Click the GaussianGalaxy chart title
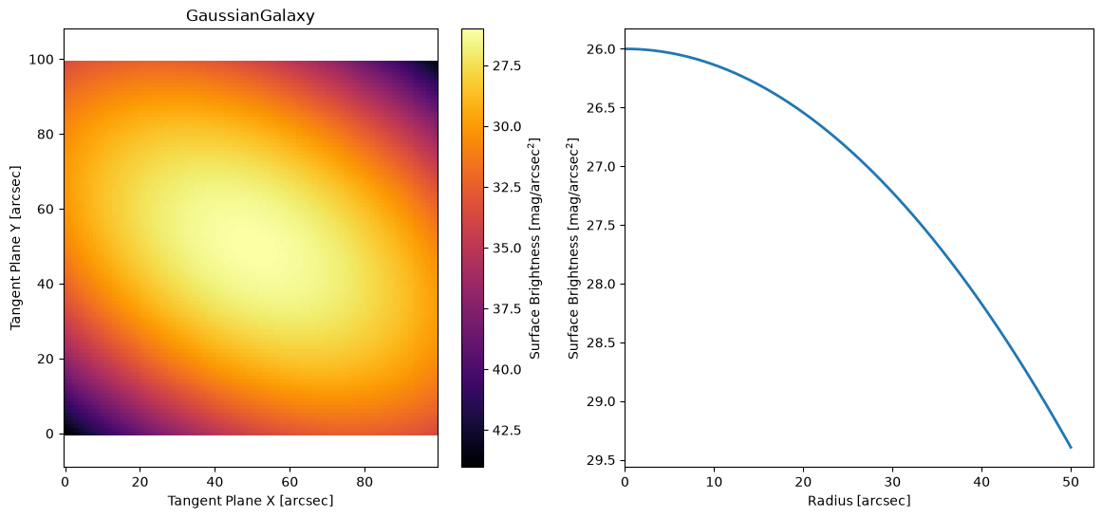pyautogui.click(x=251, y=16)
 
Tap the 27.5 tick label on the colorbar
pyautogui.click(x=507, y=66)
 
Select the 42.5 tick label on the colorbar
pyautogui.click(x=507, y=430)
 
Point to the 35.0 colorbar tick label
pyautogui.click(x=507, y=249)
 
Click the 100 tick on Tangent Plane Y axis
pyautogui.click(x=47, y=60)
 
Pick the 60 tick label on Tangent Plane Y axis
pyautogui.click(x=50, y=210)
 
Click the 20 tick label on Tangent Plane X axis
pyautogui.click(x=140, y=484)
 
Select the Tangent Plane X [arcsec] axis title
pyautogui.click(x=251, y=500)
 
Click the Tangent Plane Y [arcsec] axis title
pyautogui.click(x=15, y=248)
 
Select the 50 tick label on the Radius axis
pyautogui.click(x=1071, y=484)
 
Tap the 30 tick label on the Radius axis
pyautogui.click(x=892, y=484)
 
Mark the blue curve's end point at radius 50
pyautogui.click(x=1071, y=448)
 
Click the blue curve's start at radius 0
pyautogui.click(x=625, y=48)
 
